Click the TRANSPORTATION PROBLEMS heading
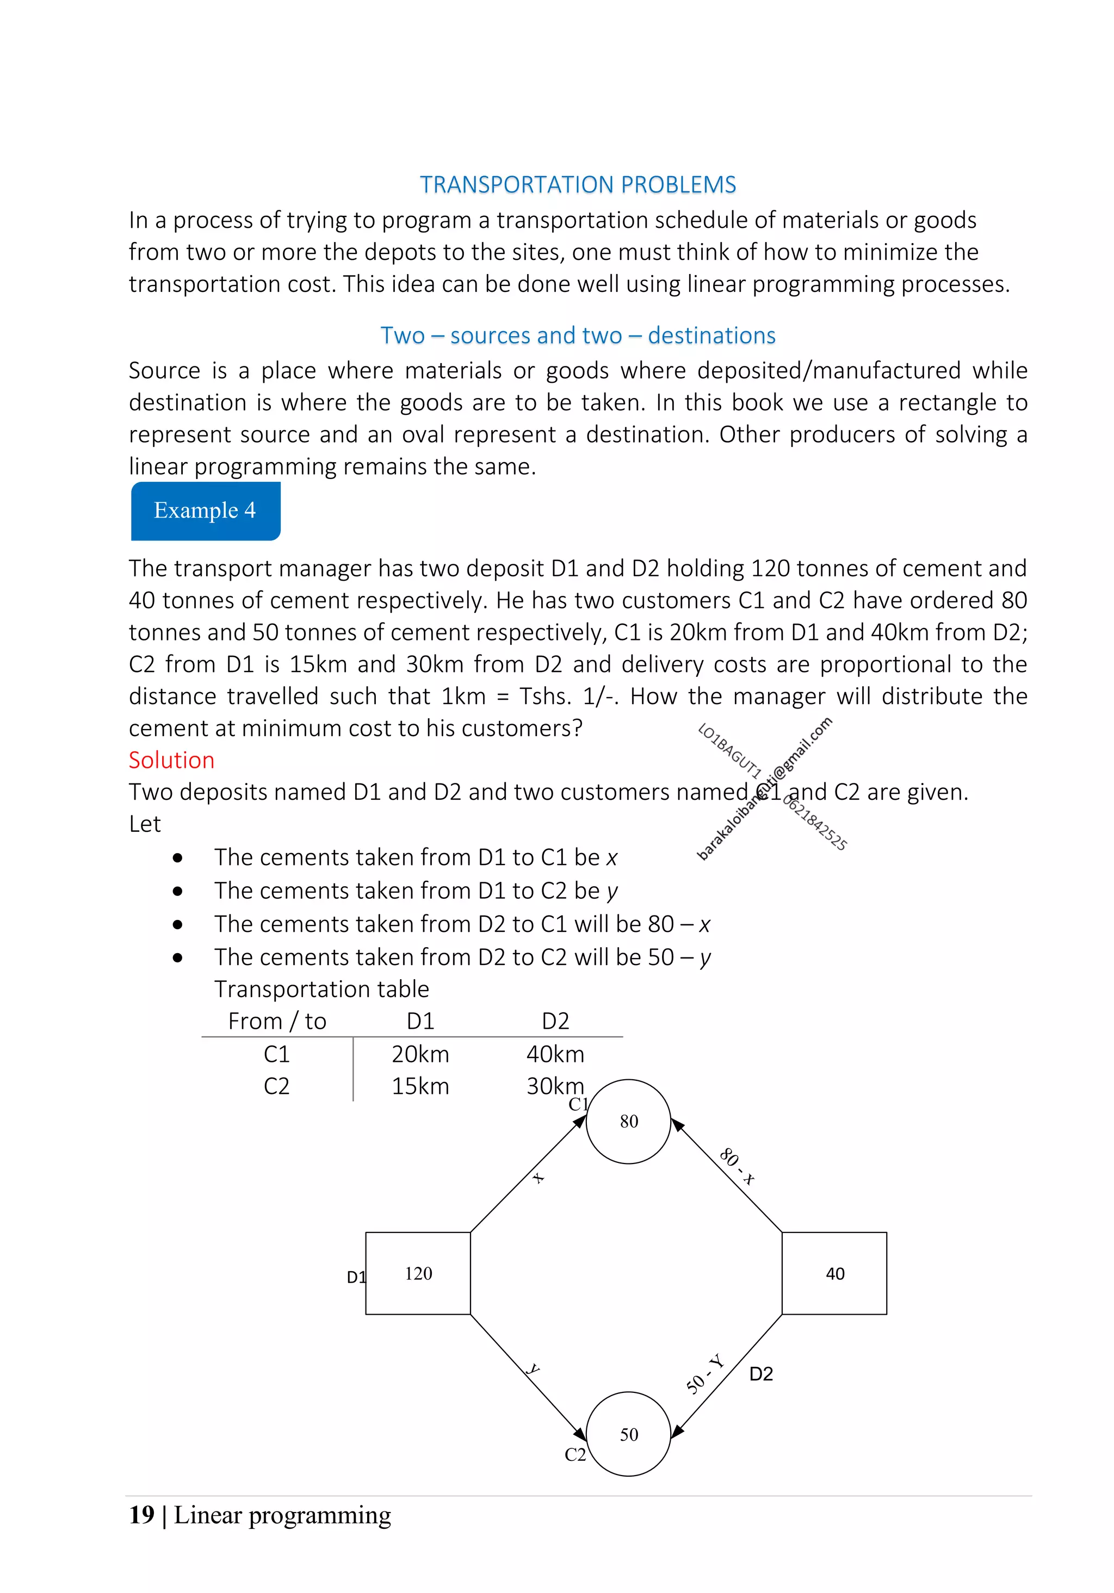pyautogui.click(x=578, y=184)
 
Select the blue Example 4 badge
pyautogui.click(x=206, y=511)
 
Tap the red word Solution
pyautogui.click(x=171, y=760)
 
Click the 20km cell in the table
pyautogui.click(x=420, y=1054)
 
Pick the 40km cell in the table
pyautogui.click(x=555, y=1054)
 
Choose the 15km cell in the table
pyautogui.click(x=420, y=1086)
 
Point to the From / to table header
pyautogui.click(x=277, y=1020)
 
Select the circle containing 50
pyautogui.click(x=628, y=1434)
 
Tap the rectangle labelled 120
pyautogui.click(x=418, y=1273)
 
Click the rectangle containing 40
pyautogui.click(x=834, y=1273)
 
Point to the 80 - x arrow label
pyautogui.click(x=737, y=1166)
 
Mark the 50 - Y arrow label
pyautogui.click(x=704, y=1374)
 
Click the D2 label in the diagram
pyautogui.click(x=761, y=1374)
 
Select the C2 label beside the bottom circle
pyautogui.click(x=575, y=1454)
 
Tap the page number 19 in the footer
pyautogui.click(x=141, y=1515)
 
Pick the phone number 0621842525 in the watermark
pyautogui.click(x=815, y=824)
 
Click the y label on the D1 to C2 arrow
pyautogui.click(x=533, y=1369)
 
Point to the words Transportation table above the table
pyautogui.click(x=321, y=988)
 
